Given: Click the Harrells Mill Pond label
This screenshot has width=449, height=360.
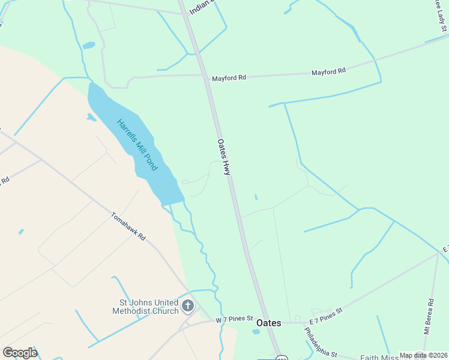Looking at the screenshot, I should (137, 145).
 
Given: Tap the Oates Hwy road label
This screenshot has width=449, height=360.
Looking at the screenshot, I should (223, 157).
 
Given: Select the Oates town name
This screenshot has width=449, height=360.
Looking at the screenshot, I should (268, 323).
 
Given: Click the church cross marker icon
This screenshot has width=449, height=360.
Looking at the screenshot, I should (188, 306).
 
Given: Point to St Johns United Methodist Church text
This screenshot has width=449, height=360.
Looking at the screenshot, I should (145, 307).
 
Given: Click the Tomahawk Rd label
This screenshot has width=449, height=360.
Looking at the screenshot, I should (128, 227).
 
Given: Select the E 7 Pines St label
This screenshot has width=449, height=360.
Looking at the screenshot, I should (326, 314).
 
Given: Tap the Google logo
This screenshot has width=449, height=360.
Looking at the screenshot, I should (20, 353).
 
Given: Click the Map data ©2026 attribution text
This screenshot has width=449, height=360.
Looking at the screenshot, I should (423, 355).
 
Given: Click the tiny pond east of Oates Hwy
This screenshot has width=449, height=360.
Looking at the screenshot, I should (256, 197).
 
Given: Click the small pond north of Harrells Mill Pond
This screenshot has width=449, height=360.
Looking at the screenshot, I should (89, 45).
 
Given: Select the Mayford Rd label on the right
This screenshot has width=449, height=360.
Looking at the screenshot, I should (328, 71).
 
